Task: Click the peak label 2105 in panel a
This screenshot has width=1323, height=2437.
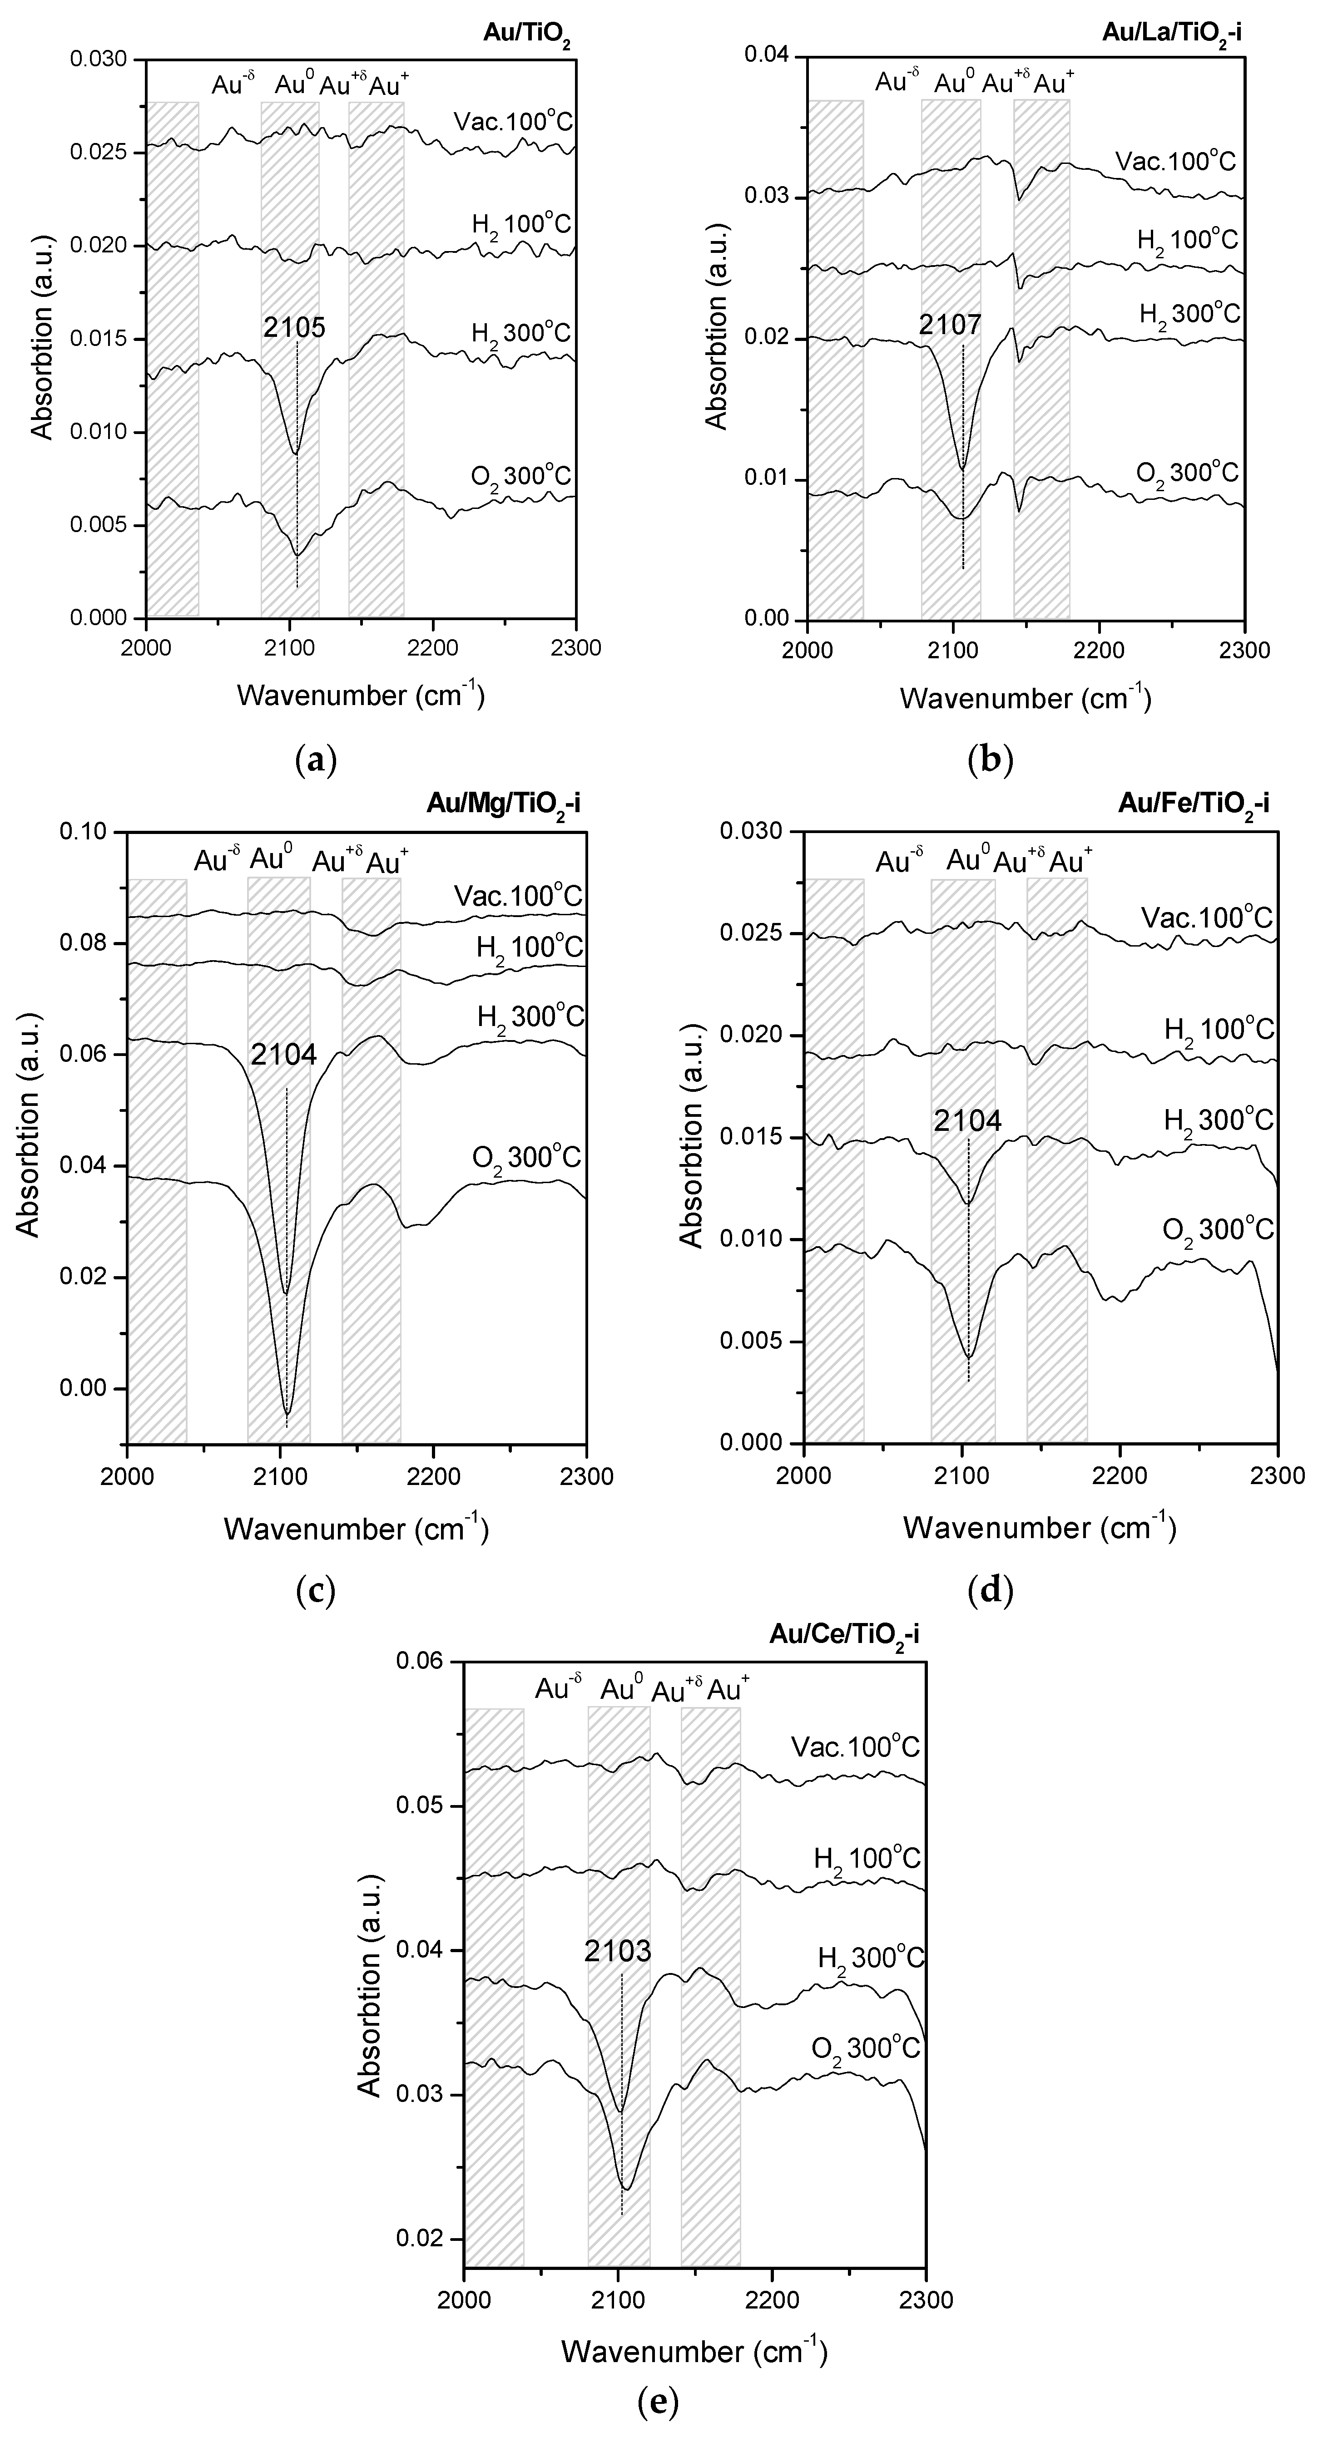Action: (294, 327)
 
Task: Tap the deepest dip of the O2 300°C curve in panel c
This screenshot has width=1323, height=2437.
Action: (287, 1414)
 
